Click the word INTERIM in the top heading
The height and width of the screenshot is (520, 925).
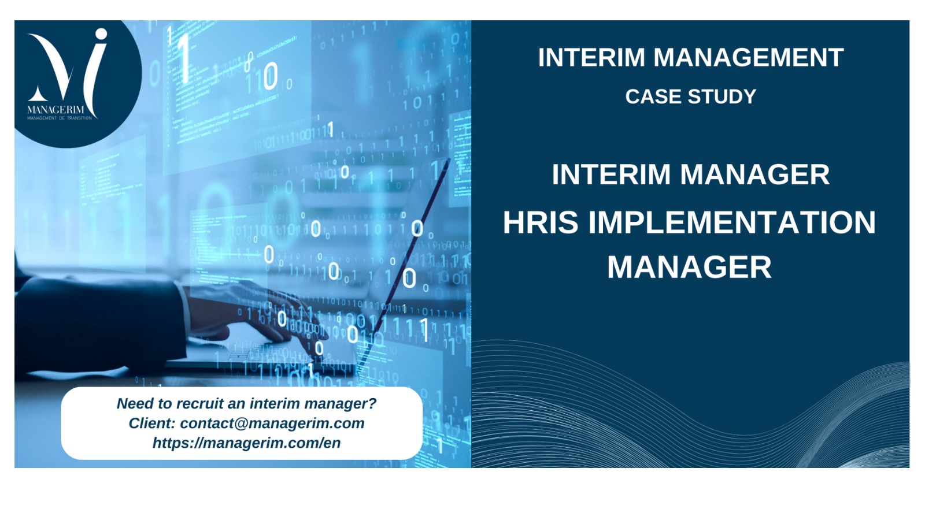pos(591,57)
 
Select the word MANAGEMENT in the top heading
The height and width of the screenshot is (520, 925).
pos(749,57)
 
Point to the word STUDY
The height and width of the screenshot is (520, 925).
pos(722,96)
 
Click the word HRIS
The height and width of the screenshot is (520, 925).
pos(541,222)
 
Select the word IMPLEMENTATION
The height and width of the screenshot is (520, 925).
pos(732,222)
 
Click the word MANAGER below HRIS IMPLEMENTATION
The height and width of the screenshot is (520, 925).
pos(689,268)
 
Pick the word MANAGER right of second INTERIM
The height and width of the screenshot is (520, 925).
pos(755,174)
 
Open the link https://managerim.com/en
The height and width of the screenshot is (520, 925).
pos(246,443)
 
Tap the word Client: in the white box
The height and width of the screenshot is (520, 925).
pos(153,423)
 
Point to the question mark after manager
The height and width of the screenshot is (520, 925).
pos(372,403)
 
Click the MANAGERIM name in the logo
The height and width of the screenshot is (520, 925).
pos(55,110)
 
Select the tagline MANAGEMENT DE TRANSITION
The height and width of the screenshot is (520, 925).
pos(60,118)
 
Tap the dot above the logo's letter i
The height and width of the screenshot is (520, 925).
pos(101,34)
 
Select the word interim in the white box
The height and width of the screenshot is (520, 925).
pos(275,403)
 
